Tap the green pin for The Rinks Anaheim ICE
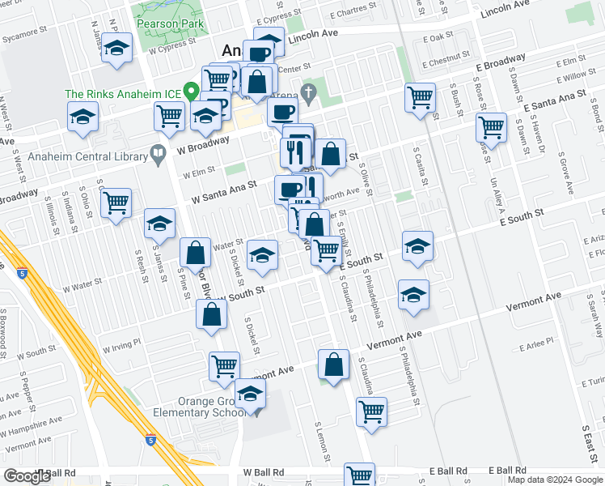[x=191, y=92]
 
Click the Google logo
[x=27, y=476]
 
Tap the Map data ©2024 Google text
[x=554, y=479]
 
